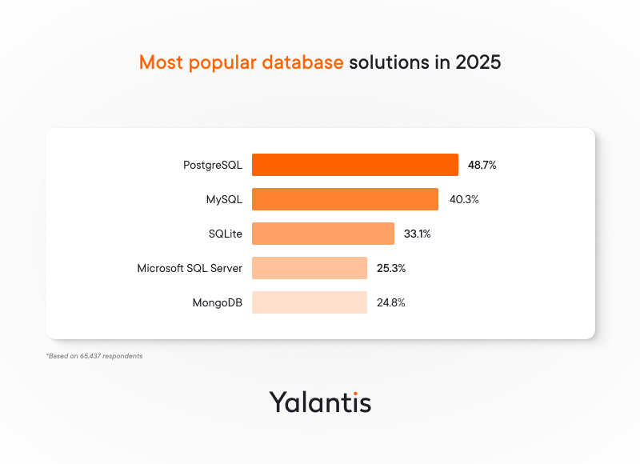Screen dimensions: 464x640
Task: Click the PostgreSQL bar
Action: tap(354, 165)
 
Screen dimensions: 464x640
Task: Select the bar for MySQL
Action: tap(345, 199)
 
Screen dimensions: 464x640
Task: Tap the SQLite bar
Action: tap(322, 234)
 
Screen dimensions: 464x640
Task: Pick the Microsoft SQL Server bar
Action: tap(309, 268)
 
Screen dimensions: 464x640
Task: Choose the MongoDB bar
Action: tap(309, 302)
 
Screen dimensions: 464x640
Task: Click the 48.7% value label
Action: tap(482, 165)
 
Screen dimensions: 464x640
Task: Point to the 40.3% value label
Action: tap(464, 199)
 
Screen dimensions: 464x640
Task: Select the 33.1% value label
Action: tap(418, 234)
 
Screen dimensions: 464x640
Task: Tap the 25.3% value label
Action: tap(391, 268)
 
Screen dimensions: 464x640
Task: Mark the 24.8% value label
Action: tap(391, 302)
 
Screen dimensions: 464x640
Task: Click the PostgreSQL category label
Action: tap(212, 166)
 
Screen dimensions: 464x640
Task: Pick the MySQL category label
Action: tap(224, 199)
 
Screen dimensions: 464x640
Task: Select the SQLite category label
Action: tap(225, 234)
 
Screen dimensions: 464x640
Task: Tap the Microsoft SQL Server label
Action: tap(190, 268)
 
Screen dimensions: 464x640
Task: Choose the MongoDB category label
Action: tap(217, 302)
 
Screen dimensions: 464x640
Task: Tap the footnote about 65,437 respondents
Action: tap(94, 355)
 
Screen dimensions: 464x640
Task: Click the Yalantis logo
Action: tap(320, 401)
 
